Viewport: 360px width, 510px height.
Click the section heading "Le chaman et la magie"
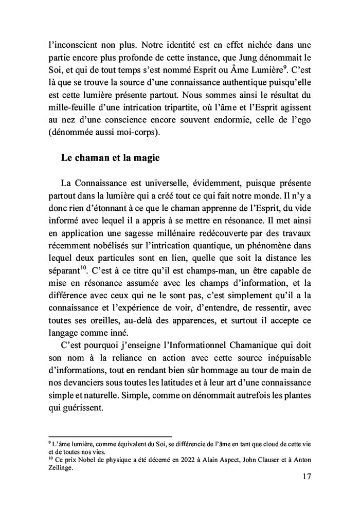point(110,158)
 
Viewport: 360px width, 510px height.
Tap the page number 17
point(305,477)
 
